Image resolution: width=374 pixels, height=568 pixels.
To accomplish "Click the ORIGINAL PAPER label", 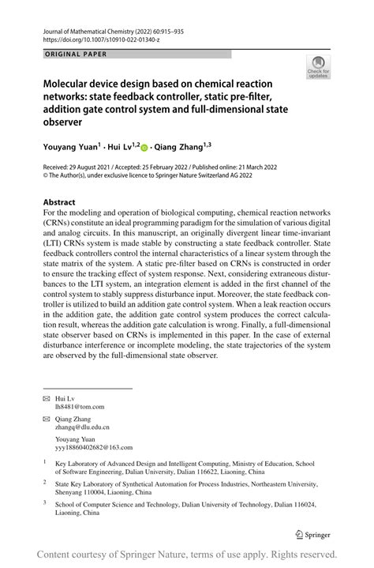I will pos(69,55).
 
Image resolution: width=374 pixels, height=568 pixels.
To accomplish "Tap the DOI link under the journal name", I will pos(97,37).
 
